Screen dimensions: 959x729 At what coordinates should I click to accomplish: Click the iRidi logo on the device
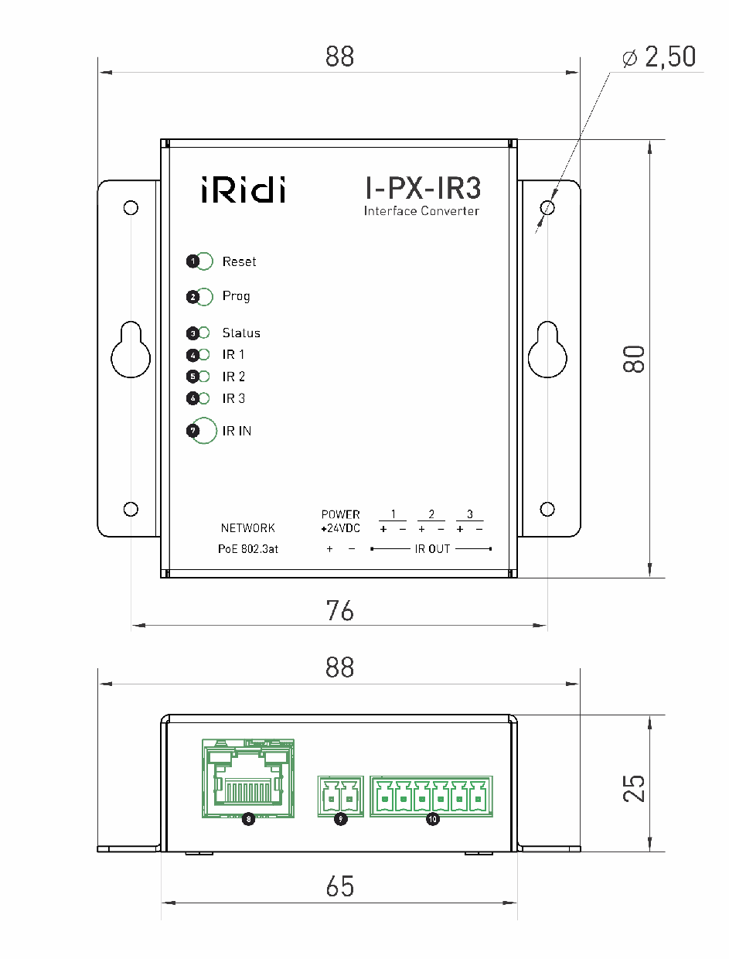(242, 189)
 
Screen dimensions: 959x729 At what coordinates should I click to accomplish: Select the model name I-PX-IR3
(422, 189)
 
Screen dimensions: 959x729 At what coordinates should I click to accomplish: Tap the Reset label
(239, 261)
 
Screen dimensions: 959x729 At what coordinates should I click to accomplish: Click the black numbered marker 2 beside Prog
(192, 296)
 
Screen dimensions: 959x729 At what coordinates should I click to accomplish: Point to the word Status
(241, 333)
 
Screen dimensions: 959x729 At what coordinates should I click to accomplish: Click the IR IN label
(237, 431)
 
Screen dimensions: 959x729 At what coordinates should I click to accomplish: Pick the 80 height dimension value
(635, 359)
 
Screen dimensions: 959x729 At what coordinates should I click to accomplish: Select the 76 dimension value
(339, 610)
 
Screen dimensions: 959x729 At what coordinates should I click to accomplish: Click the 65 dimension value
(339, 887)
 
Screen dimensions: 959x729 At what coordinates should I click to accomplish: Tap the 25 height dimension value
(635, 787)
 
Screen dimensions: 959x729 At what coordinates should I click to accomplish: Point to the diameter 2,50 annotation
(659, 56)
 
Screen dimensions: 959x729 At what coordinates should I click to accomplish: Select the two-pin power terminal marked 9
(340, 796)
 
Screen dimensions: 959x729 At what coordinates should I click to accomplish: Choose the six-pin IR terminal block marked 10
(431, 796)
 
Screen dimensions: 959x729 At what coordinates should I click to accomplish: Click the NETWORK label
(247, 528)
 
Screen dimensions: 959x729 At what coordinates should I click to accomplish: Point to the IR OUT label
(432, 548)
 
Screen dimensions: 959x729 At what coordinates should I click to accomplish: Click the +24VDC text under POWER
(340, 528)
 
